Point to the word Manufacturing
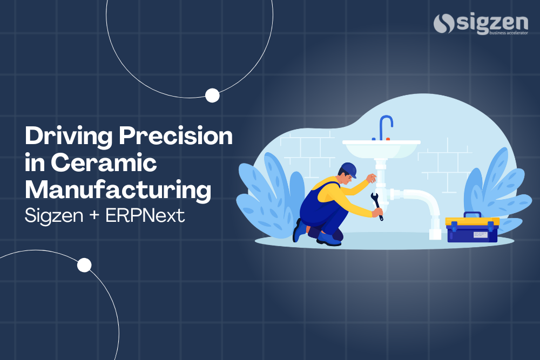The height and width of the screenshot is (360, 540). [x=118, y=190]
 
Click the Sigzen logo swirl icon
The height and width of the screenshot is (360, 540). [x=443, y=23]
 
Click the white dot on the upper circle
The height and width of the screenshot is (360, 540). [x=212, y=96]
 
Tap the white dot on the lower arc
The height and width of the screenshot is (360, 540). [x=84, y=265]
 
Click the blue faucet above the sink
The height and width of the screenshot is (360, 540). [x=385, y=126]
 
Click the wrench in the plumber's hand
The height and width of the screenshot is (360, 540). [x=376, y=207]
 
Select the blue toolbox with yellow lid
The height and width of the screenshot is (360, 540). [x=472, y=230]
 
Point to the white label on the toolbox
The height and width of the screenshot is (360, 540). [x=480, y=235]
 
